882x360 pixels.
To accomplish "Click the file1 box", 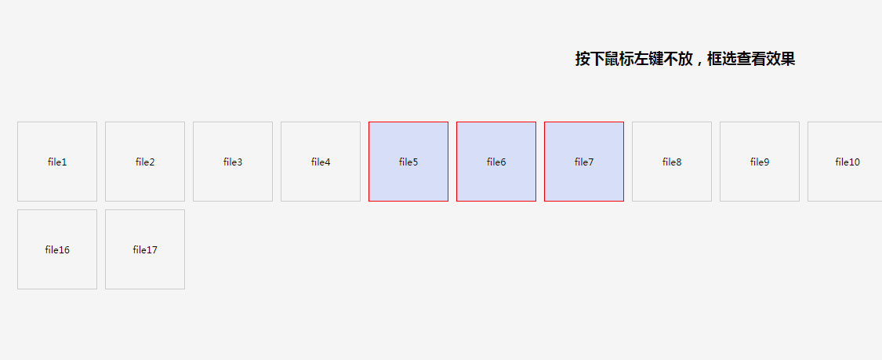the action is [x=57, y=162].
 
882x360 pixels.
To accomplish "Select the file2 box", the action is [x=145, y=162].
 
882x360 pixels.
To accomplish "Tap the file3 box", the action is [x=233, y=162].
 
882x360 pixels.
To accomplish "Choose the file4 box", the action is [x=321, y=162].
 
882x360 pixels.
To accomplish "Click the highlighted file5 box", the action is [x=408, y=162].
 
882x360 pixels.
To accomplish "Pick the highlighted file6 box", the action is [x=496, y=162].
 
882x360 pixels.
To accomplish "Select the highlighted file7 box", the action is [x=584, y=162].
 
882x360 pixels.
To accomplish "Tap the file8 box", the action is [x=672, y=162].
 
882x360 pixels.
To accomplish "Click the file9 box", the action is [x=760, y=162].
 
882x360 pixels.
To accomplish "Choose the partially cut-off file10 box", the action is [x=845, y=162].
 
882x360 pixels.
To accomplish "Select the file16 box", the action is [x=57, y=249].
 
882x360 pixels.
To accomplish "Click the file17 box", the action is [x=145, y=249].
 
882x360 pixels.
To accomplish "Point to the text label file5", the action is [x=408, y=162].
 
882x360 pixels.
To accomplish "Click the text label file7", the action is [x=584, y=162].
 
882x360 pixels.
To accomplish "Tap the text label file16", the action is [x=57, y=249].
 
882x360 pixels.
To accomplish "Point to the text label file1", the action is [x=57, y=162].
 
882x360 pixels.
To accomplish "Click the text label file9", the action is [x=760, y=162].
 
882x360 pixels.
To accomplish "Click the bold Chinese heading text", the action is [x=685, y=59].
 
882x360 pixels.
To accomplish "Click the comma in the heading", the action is [x=699, y=63].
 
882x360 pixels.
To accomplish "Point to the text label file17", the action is [x=145, y=249].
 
